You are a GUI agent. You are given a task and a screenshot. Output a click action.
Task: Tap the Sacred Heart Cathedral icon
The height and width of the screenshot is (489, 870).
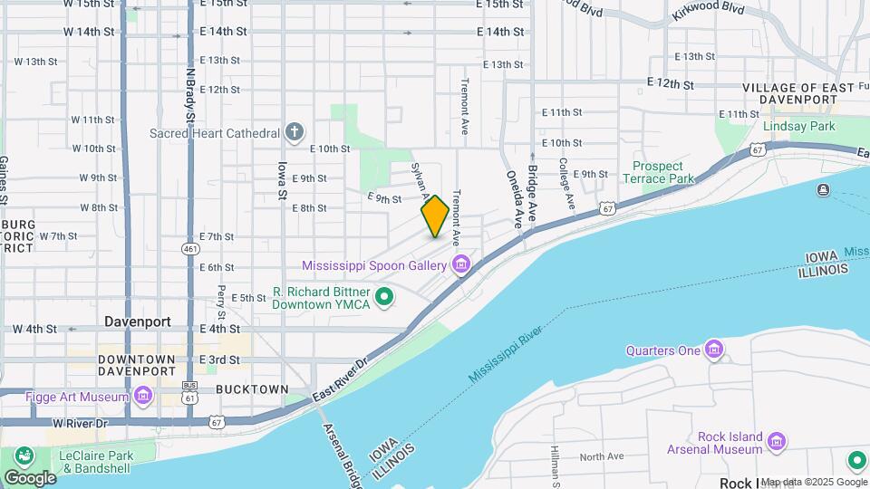click(294, 133)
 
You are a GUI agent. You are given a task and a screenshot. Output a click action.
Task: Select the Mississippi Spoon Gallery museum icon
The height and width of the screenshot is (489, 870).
click(461, 265)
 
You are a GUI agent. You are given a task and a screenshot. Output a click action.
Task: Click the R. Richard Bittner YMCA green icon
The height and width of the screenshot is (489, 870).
click(384, 296)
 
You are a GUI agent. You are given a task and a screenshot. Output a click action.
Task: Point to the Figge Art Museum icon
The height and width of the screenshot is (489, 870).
click(143, 396)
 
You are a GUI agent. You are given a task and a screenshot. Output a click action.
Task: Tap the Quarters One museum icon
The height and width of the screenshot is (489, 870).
click(714, 350)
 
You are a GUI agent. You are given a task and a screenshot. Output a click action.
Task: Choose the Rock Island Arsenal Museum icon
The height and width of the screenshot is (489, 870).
click(776, 442)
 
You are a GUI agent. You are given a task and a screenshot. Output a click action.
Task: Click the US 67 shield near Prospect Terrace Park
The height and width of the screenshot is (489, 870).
click(606, 209)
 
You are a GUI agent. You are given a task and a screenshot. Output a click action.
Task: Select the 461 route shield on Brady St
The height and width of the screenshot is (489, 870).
click(190, 249)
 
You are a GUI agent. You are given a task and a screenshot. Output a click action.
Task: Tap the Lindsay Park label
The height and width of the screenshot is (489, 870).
click(798, 127)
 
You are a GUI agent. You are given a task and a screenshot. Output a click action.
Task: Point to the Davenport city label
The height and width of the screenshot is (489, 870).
click(138, 321)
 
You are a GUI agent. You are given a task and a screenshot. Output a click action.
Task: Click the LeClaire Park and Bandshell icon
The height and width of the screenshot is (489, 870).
click(23, 455)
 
